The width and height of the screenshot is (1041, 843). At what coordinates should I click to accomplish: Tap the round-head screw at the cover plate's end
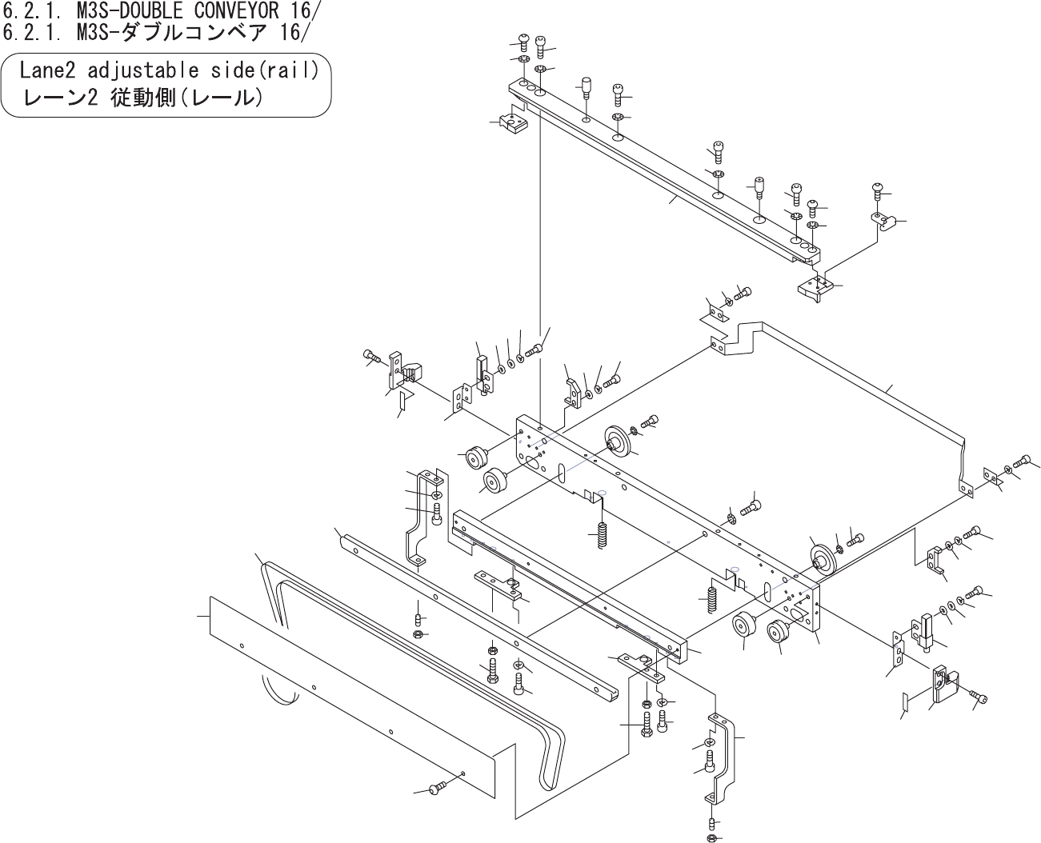[x=436, y=789]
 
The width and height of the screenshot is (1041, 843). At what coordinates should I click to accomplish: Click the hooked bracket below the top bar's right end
[x=815, y=288]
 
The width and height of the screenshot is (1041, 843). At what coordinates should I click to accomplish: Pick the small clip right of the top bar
[x=881, y=220]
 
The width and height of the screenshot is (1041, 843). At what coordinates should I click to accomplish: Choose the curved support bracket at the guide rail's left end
[x=424, y=520]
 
